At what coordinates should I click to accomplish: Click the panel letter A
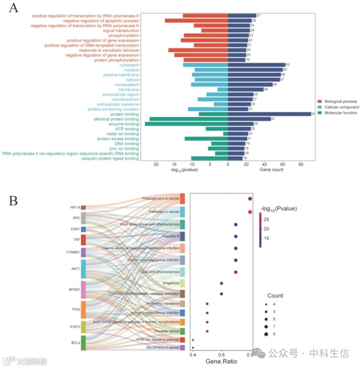click(x=14, y=7)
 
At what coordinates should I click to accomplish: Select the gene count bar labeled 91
click(x=269, y=114)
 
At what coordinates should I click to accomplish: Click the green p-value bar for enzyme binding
click(x=186, y=124)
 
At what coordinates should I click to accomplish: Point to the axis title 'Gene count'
click(x=271, y=170)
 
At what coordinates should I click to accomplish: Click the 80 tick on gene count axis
click(x=300, y=165)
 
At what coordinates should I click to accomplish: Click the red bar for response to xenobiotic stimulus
click(x=198, y=50)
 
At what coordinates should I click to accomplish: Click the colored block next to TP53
click(x=83, y=310)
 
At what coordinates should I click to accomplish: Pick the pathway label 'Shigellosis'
click(x=169, y=283)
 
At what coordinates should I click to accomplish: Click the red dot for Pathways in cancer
click(x=250, y=212)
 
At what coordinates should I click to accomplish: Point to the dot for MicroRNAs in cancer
click(x=193, y=348)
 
